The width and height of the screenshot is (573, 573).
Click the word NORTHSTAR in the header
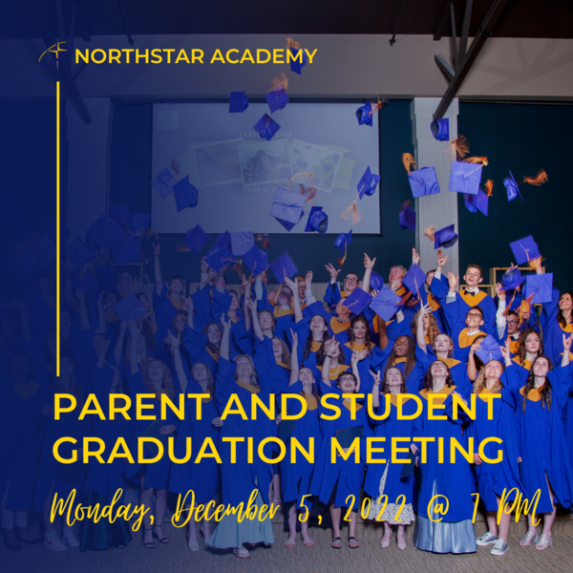pyautogui.click(x=139, y=56)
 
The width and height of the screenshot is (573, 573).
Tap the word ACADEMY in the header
pyautogui.click(x=264, y=56)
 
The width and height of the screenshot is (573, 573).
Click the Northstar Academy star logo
pyautogui.click(x=53, y=53)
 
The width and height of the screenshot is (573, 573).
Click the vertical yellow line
pyautogui.click(x=58, y=229)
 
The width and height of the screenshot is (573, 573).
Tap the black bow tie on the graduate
pyautogui.click(x=472, y=292)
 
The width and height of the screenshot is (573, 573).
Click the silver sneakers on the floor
pyautogui.click(x=494, y=541)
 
